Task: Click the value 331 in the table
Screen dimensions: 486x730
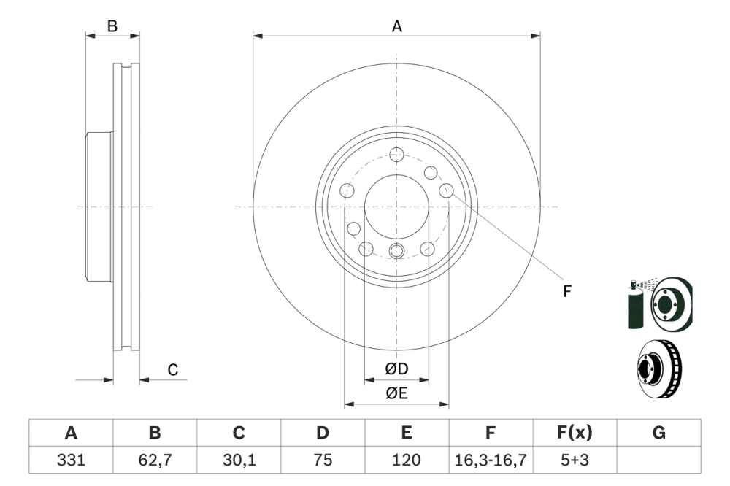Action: point(71,460)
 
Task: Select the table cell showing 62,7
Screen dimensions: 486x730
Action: point(155,460)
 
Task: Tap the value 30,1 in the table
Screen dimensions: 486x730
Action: point(239,460)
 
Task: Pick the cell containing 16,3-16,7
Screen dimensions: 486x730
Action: point(491,460)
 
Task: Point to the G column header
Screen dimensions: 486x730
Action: point(658,433)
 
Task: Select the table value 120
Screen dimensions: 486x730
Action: point(407,460)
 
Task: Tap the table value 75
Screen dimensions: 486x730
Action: point(323,460)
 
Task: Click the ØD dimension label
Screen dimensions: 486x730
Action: point(396,369)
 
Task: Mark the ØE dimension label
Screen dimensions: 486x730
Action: point(396,393)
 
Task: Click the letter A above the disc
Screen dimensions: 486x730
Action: point(397,26)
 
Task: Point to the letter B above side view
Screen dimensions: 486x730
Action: point(112,26)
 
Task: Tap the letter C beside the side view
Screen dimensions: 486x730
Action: point(173,370)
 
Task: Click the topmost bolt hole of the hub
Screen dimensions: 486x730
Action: point(396,155)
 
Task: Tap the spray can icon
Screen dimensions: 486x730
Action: point(635,305)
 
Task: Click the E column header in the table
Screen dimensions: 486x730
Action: point(407,433)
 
